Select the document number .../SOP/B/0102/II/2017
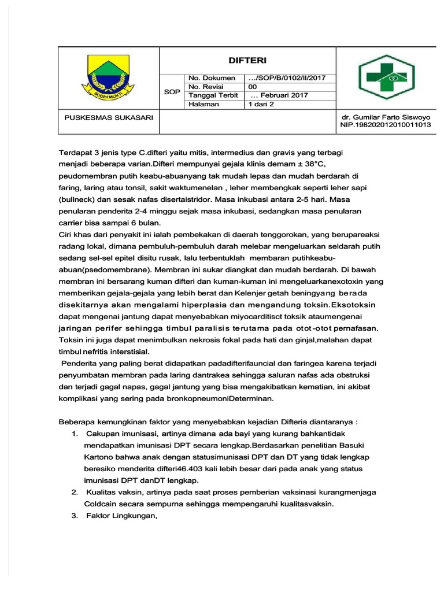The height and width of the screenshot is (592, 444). pyautogui.click(x=287, y=78)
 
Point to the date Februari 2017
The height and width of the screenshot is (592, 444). pyautogui.click(x=280, y=95)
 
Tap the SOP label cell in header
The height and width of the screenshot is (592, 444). pyautogui.click(x=172, y=91)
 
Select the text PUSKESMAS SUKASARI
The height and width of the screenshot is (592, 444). pyautogui.click(x=108, y=117)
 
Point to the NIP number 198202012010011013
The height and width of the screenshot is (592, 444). pyautogui.click(x=386, y=124)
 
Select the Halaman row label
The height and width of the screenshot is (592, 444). pyautogui.click(x=204, y=104)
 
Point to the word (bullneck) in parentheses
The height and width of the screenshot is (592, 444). pyautogui.click(x=78, y=199)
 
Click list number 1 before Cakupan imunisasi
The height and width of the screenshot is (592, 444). pyautogui.click(x=75, y=433)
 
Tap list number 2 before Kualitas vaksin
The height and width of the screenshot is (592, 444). pyautogui.click(x=75, y=492)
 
